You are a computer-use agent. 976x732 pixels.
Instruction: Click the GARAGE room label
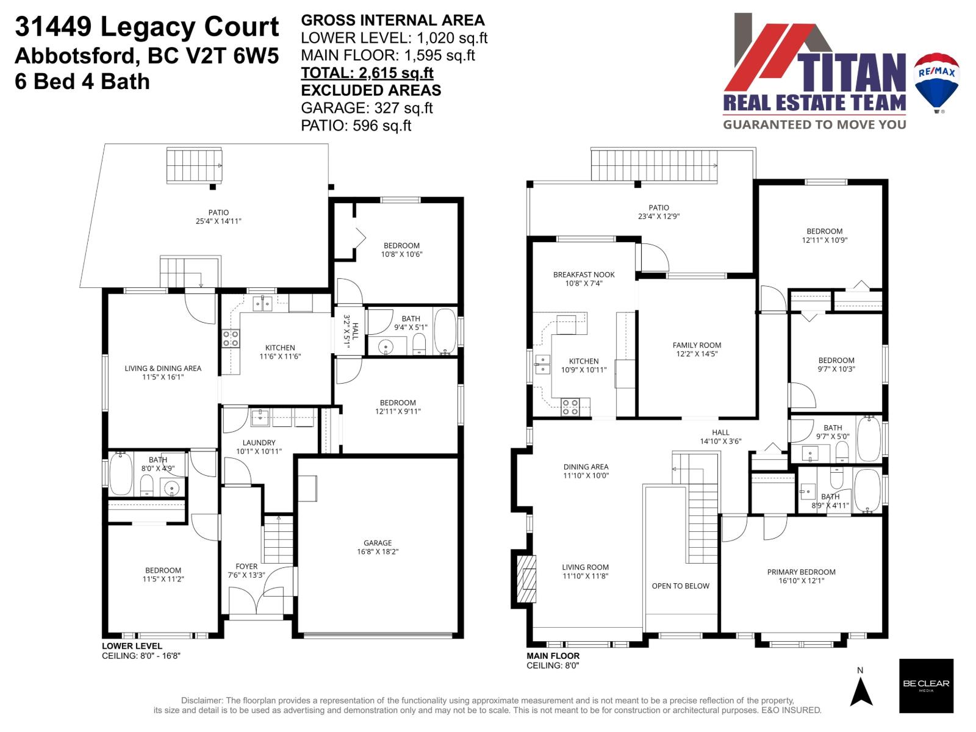tap(378, 543)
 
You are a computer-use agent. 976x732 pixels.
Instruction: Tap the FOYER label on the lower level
tap(246, 566)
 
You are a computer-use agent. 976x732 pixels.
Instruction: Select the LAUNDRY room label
tap(259, 443)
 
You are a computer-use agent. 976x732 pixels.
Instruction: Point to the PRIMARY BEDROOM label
tap(801, 572)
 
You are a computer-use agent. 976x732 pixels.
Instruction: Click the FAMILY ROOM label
tap(697, 345)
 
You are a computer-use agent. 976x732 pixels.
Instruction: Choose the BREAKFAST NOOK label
tap(584, 274)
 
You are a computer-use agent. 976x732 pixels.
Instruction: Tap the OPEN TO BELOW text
tap(680, 586)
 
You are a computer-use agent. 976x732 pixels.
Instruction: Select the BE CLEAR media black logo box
tap(926, 686)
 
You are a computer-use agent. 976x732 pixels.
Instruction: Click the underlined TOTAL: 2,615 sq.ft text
tap(367, 73)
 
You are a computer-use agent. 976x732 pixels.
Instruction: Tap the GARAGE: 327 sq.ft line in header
tap(367, 108)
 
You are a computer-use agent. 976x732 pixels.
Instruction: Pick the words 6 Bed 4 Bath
tap(82, 81)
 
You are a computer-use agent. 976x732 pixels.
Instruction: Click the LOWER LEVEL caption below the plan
tap(132, 646)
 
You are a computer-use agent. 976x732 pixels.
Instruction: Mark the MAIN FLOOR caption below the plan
tap(553, 656)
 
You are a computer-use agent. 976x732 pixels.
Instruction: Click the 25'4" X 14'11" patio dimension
tap(218, 221)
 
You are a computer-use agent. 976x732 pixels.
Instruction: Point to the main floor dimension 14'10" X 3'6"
tap(720, 441)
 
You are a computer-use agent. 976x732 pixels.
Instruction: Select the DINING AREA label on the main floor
tap(586, 467)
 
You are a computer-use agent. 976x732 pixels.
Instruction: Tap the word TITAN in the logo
tap(854, 73)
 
